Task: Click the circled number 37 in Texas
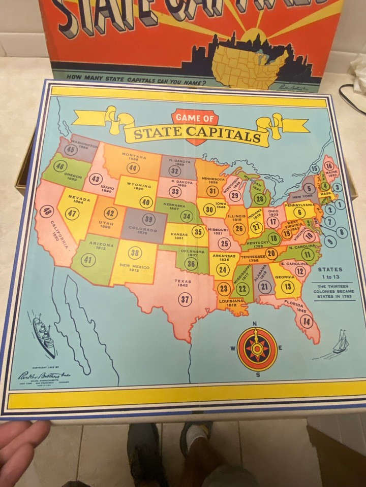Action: pos(185,300)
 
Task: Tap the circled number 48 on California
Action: pos(47,212)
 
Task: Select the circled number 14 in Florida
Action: pos(306,321)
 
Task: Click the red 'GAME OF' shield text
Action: pos(194,118)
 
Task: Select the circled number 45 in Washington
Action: pos(71,150)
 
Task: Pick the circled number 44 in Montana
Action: pos(133,168)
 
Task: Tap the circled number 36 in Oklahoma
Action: pos(191,263)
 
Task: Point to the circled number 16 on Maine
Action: pos(329,166)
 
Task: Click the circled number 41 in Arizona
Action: pos(88,260)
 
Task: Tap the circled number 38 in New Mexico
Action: pos(135,253)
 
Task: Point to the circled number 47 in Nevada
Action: pos(73,214)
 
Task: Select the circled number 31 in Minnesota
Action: pos(213,191)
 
